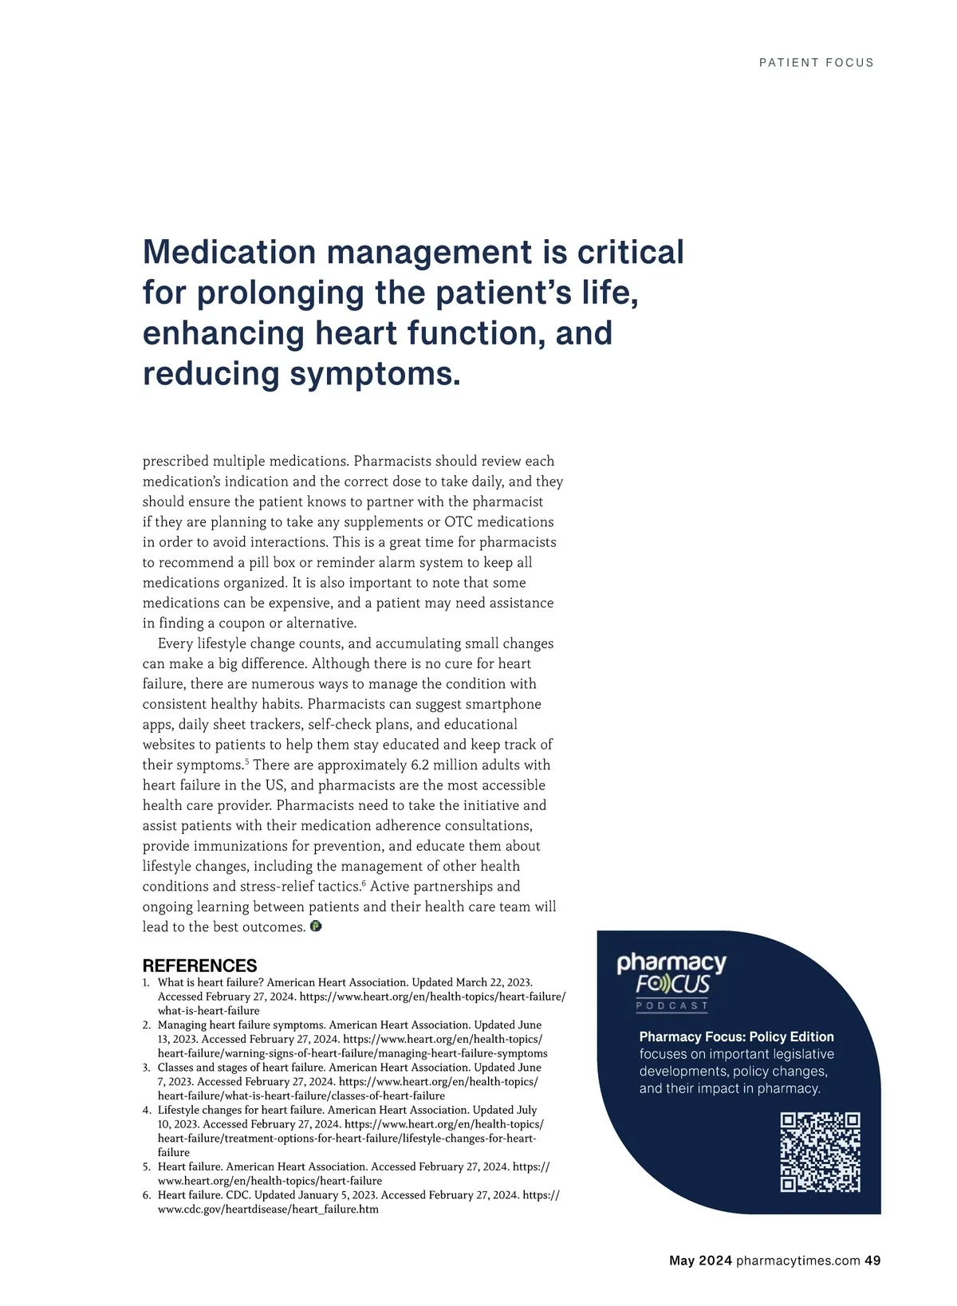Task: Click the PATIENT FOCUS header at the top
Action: pos(816,62)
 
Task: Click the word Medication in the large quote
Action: pos(227,252)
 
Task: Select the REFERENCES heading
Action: pos(199,966)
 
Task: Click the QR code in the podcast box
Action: pos(820,1152)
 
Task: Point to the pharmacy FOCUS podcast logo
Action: pos(671,974)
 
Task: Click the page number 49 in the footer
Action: pos(872,1261)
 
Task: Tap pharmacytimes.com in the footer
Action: pos(797,1261)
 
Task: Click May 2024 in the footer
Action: pos(700,1261)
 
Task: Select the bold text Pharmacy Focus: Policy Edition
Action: pos(736,1037)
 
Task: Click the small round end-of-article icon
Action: pos(316,926)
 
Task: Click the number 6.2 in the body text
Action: pos(419,765)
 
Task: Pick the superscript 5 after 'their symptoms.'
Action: pos(246,762)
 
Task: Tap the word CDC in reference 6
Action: pos(238,1195)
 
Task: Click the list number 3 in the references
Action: pos(147,1068)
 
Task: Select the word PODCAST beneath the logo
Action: pos(671,1006)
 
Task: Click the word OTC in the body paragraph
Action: pos(459,522)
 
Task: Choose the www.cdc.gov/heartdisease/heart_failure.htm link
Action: pos(268,1210)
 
